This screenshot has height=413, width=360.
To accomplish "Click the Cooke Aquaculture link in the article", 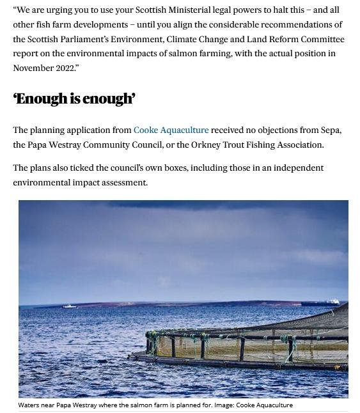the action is coord(171,130).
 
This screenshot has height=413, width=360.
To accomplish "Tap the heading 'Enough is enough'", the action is coord(74,98).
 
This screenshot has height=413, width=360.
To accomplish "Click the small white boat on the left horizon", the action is coord(69,306).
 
